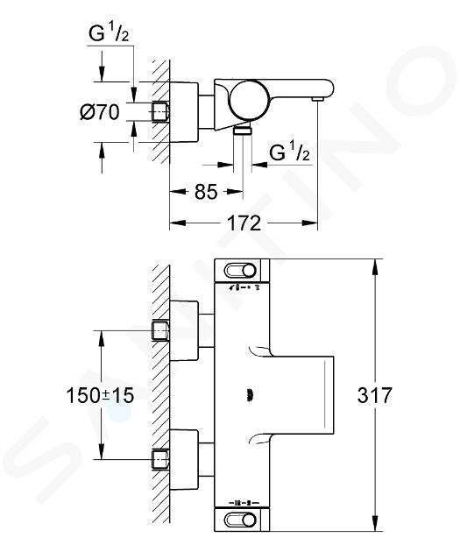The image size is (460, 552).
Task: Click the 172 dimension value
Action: (x=244, y=223)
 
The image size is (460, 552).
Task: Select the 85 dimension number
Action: (x=206, y=192)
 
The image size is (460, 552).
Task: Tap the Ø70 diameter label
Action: (x=100, y=112)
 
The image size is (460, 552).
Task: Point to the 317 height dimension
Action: (x=374, y=395)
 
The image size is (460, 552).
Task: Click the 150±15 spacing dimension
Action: (x=100, y=395)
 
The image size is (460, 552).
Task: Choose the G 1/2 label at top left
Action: (x=109, y=34)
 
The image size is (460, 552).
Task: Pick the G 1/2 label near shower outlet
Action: (x=289, y=152)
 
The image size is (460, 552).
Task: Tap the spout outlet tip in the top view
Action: (x=318, y=100)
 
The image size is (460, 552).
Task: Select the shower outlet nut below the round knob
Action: (x=243, y=131)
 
